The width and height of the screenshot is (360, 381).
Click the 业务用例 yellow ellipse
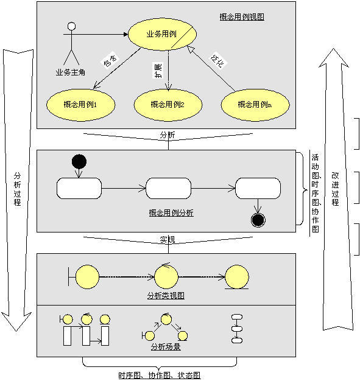[161, 33]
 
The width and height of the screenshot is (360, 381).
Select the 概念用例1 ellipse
[80, 105]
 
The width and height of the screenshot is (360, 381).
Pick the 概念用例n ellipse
[254, 104]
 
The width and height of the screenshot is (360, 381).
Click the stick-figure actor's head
[72, 27]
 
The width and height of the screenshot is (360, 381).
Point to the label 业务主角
[70, 72]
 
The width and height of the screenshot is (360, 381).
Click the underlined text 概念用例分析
[171, 213]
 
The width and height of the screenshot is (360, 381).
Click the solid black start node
[79, 162]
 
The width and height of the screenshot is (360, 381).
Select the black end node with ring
[258, 220]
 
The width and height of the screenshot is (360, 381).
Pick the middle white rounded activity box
[168, 188]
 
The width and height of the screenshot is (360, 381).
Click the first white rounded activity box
[79, 188]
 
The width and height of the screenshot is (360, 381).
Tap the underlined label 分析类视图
[166, 296]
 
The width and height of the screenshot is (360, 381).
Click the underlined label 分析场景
[166, 348]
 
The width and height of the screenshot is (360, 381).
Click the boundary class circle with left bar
[86, 277]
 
